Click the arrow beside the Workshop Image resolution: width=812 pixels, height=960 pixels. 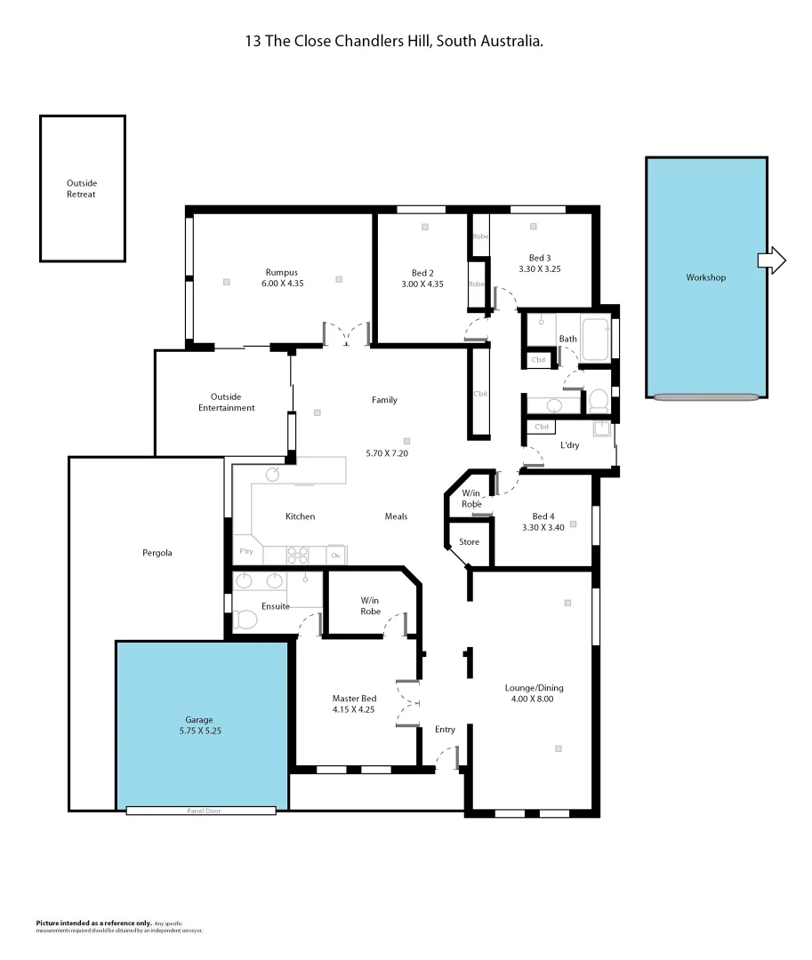pos(772,260)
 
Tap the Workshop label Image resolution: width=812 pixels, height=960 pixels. pos(705,277)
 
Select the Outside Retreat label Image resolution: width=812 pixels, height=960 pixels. pos(81,188)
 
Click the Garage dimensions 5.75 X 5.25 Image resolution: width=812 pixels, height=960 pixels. pos(199,732)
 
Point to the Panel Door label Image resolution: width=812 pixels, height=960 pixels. pos(201,811)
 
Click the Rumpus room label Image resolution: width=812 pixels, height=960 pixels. pos(281,272)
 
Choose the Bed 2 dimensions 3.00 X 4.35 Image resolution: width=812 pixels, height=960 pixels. pos(422,284)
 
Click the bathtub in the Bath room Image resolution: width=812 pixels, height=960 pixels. pos(594,339)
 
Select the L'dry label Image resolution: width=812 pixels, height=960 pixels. pos(568,445)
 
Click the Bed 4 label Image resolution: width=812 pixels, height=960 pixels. pos(543,516)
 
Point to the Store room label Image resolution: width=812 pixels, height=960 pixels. pos(469,542)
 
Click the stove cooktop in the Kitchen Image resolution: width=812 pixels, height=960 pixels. pos(297,556)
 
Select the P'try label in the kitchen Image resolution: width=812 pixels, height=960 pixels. pos(245,552)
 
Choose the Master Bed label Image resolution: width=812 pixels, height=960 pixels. pos(354,699)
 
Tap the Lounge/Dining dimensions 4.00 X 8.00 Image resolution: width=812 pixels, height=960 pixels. pos(534,699)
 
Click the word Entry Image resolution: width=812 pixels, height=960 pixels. pos(445,730)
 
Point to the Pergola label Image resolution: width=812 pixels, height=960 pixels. pos(157,553)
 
